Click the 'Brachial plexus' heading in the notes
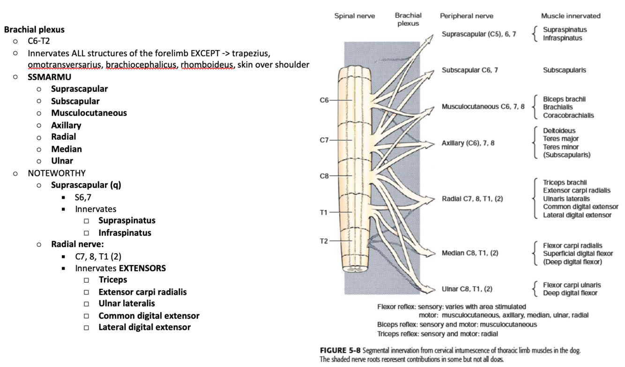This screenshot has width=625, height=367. coord(34,29)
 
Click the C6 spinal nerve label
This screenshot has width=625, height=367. coord(324,100)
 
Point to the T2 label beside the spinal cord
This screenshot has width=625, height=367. coord(324,241)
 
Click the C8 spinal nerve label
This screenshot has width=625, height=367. coord(324,176)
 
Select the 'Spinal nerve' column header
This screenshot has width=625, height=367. coord(354,16)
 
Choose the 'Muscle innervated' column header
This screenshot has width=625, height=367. coord(571,16)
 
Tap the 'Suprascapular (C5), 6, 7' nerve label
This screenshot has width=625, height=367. coord(479,34)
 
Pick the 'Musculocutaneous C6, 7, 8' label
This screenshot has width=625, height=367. coord(483,106)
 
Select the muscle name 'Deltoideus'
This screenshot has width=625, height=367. coord(559,131)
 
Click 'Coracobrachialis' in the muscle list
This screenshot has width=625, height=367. coord(568,116)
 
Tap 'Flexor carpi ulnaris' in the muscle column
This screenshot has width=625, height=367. coord(572,285)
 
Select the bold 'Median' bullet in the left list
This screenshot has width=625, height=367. coord(67,149)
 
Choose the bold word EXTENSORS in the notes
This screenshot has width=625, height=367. coord(142,268)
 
